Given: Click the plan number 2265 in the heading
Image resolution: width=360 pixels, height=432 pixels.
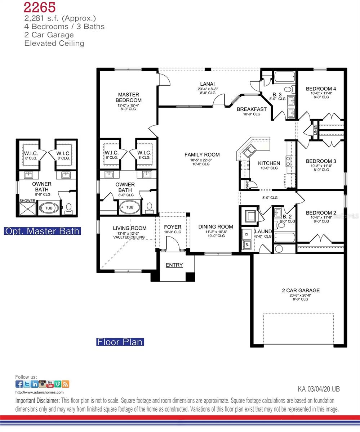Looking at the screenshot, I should (x=40, y=7).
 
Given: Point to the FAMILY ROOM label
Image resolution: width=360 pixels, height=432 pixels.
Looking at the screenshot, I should (x=202, y=155).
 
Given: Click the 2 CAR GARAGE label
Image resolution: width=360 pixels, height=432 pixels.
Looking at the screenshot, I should (x=301, y=291).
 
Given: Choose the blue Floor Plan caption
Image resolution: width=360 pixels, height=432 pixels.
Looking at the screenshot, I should (x=120, y=342).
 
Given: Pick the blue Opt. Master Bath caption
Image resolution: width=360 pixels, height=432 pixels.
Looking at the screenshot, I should (x=42, y=231).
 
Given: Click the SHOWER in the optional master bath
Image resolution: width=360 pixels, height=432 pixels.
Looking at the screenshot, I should (x=27, y=201).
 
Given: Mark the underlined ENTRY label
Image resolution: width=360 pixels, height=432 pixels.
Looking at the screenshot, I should (x=174, y=265).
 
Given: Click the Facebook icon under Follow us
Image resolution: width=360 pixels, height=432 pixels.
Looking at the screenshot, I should (x=19, y=384).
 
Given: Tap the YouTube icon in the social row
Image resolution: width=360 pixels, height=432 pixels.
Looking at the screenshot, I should (x=50, y=384).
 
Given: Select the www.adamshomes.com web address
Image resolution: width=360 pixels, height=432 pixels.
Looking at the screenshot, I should (x=40, y=392).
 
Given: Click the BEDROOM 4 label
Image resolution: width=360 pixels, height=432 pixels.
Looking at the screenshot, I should (x=321, y=89).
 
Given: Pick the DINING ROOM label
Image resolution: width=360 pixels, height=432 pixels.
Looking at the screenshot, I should (x=215, y=227).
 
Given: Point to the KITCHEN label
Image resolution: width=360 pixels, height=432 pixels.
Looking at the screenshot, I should (x=269, y=163).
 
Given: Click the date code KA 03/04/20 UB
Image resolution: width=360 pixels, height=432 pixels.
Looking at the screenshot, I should (x=319, y=389).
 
